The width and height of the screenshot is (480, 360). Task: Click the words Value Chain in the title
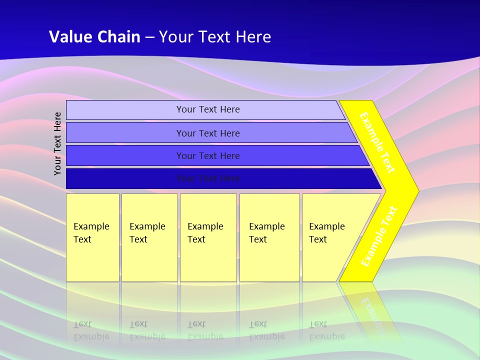[94, 37]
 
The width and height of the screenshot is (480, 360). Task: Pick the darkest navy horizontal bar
[125, 178]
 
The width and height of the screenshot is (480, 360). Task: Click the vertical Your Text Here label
[57, 143]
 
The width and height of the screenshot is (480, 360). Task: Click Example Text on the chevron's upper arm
[377, 142]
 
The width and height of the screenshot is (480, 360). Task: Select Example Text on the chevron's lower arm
[379, 236]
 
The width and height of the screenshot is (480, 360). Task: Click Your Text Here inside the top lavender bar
[208, 109]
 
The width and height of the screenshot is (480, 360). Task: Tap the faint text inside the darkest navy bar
[208, 178]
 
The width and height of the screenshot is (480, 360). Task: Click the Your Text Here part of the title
[215, 37]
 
